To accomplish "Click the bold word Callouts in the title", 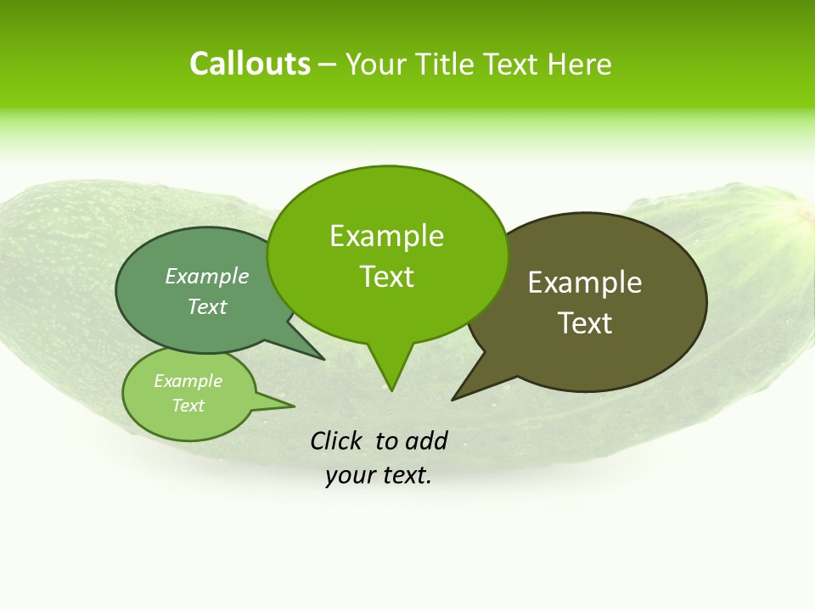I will pyautogui.click(x=250, y=64).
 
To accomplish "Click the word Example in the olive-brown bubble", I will pyautogui.click(x=585, y=283).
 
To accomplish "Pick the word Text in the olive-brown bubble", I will pyautogui.click(x=585, y=323).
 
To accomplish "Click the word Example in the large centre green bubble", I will pyautogui.click(x=386, y=236).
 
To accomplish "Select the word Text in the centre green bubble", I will pyautogui.click(x=386, y=277).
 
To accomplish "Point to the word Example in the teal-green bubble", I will pyautogui.click(x=207, y=276).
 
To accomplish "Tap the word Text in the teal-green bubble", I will pyautogui.click(x=207, y=306).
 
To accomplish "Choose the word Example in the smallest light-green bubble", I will pyautogui.click(x=188, y=381).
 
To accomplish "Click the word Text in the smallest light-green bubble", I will pyautogui.click(x=188, y=406).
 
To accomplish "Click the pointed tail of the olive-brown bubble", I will pyautogui.click(x=458, y=395).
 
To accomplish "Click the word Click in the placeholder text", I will pyautogui.click(x=337, y=440).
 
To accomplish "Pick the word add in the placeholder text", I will pyautogui.click(x=426, y=440).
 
